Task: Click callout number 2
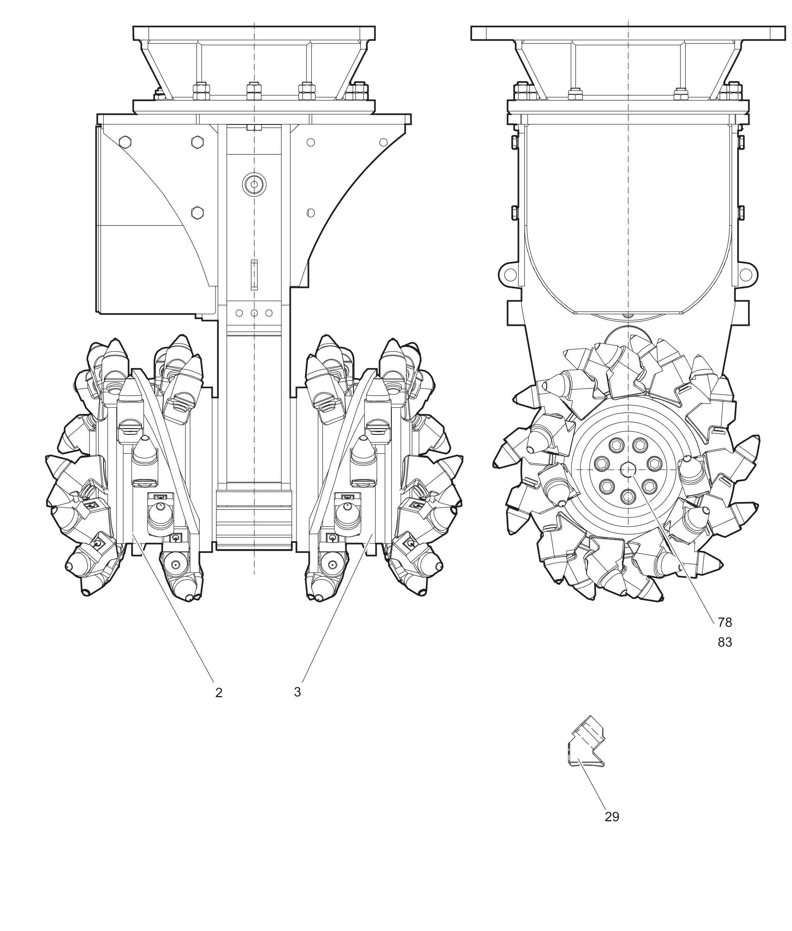[x=218, y=693]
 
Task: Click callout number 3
[x=297, y=692]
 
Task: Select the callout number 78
[x=725, y=622]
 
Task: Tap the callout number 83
[x=725, y=643]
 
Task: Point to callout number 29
[x=612, y=817]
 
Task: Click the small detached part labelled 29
[x=586, y=747]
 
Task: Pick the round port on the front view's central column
[x=254, y=184]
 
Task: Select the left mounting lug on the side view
[x=510, y=274]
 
